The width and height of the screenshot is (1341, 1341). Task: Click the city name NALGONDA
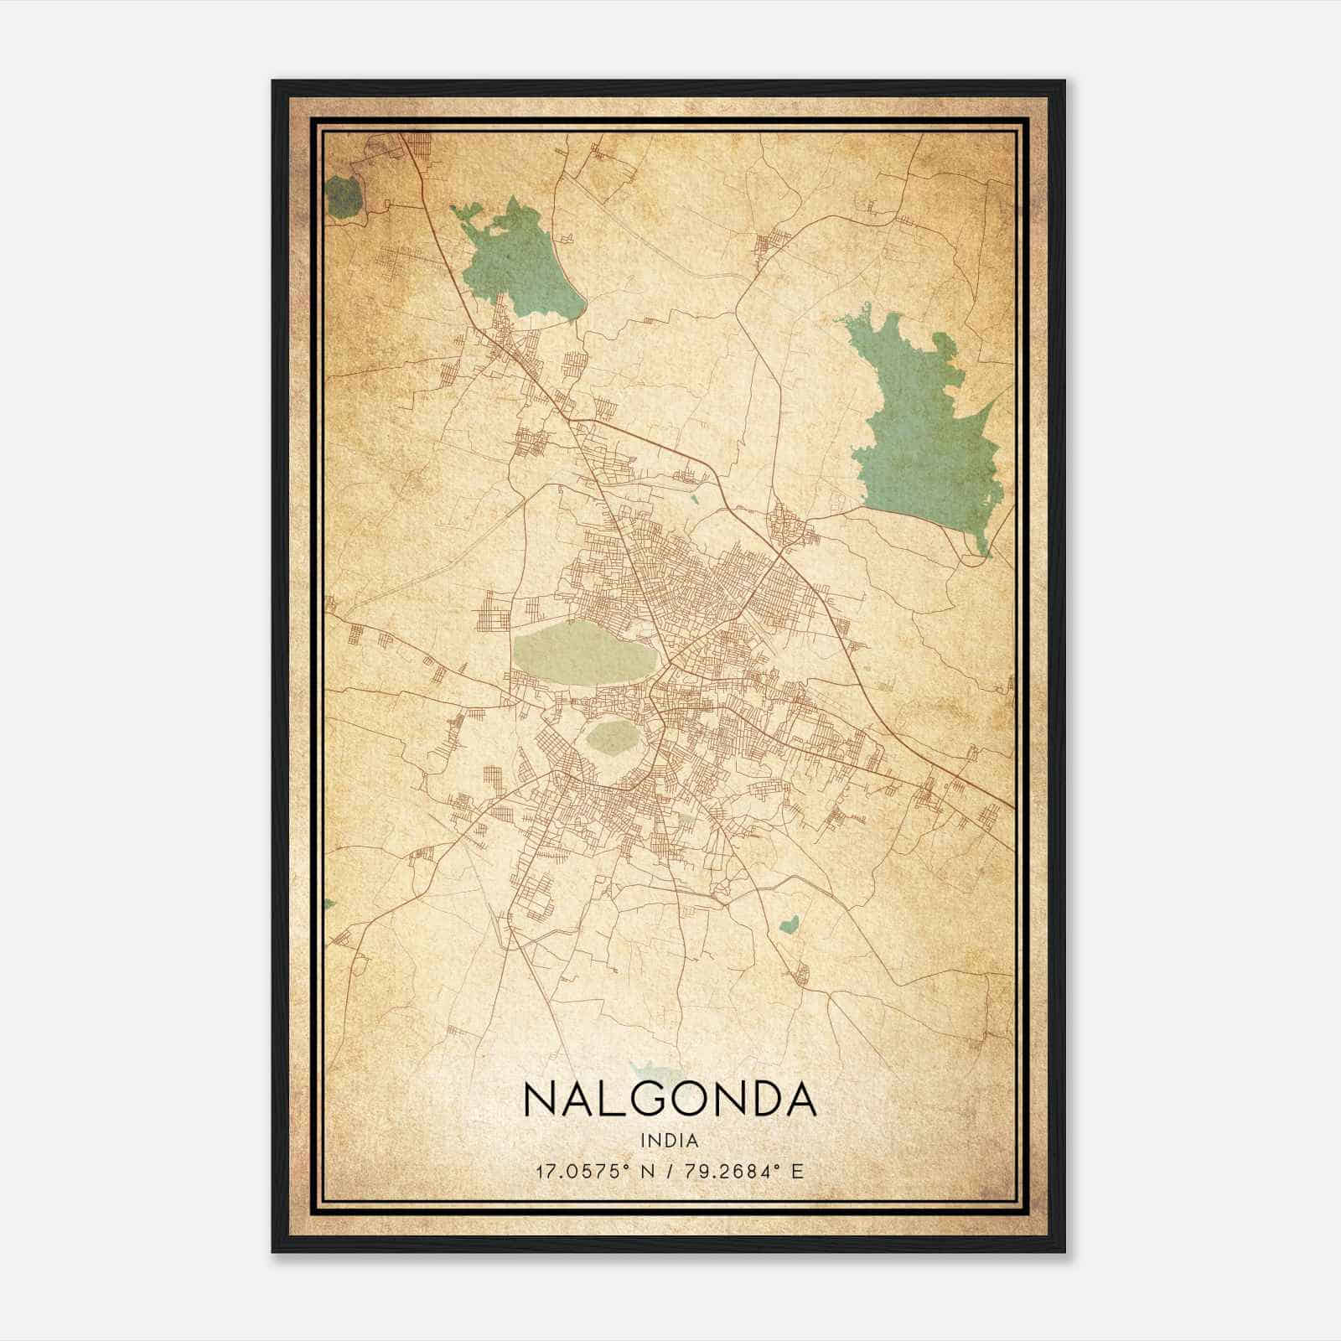click(x=670, y=1098)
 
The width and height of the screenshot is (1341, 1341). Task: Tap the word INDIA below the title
click(x=670, y=1141)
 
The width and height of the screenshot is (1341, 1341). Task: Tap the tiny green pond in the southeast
click(x=787, y=925)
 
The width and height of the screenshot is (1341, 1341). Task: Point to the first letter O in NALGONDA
click(x=690, y=1098)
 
